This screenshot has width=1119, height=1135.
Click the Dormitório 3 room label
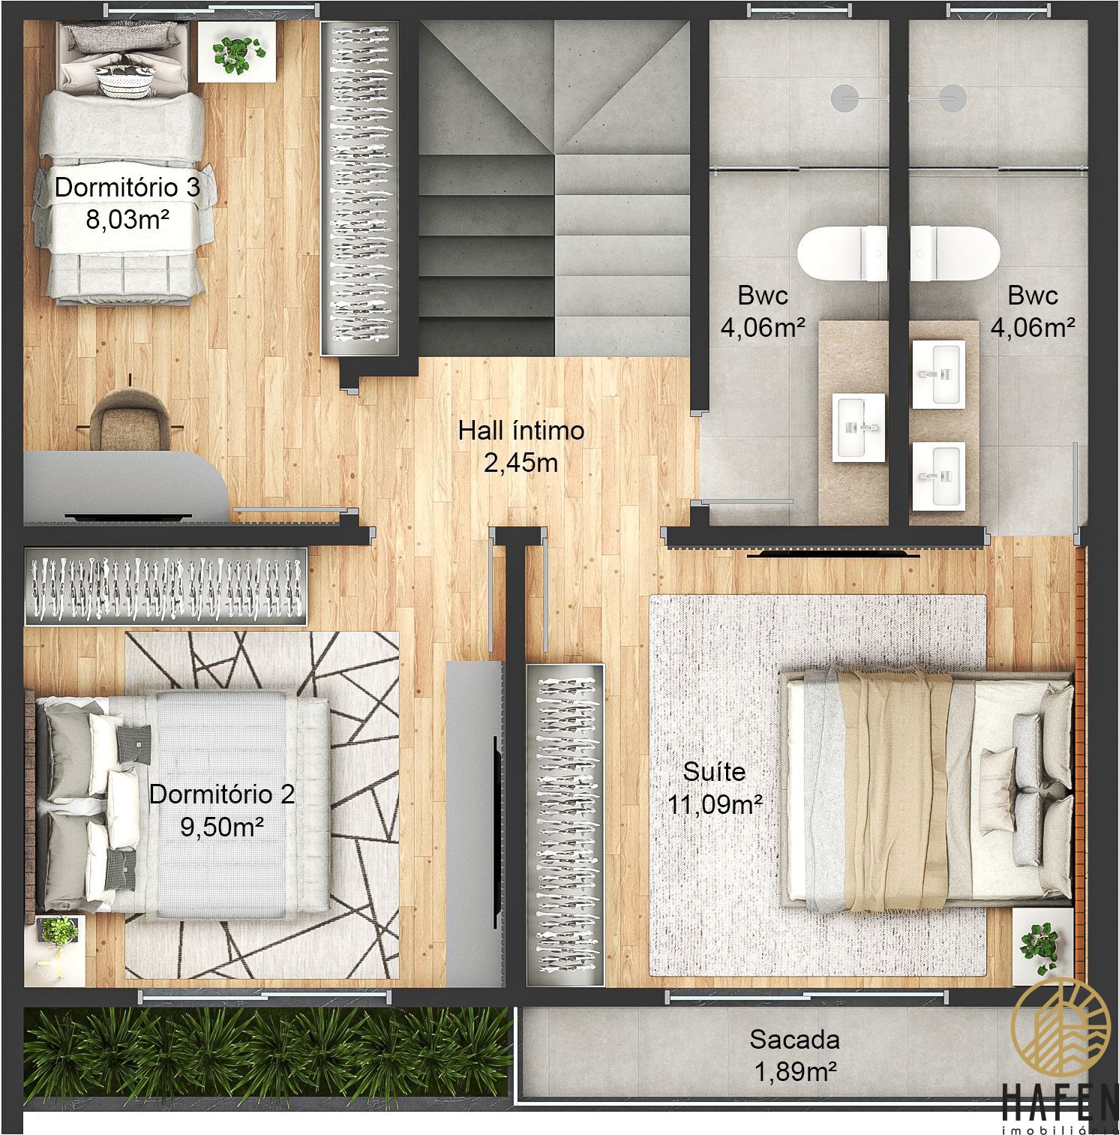(127, 187)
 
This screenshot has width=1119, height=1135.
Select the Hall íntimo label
(521, 431)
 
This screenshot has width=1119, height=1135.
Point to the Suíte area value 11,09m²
(715, 804)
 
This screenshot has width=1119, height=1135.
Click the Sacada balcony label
(794, 1040)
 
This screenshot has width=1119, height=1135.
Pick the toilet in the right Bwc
(955, 254)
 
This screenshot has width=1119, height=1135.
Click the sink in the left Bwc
(859, 426)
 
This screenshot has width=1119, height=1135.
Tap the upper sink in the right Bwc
(938, 374)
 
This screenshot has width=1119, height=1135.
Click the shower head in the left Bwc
(845, 97)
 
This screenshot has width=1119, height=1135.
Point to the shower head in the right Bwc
(953, 97)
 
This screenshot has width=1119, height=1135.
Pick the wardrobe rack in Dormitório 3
(357, 188)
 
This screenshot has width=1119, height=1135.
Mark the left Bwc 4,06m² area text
(763, 327)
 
